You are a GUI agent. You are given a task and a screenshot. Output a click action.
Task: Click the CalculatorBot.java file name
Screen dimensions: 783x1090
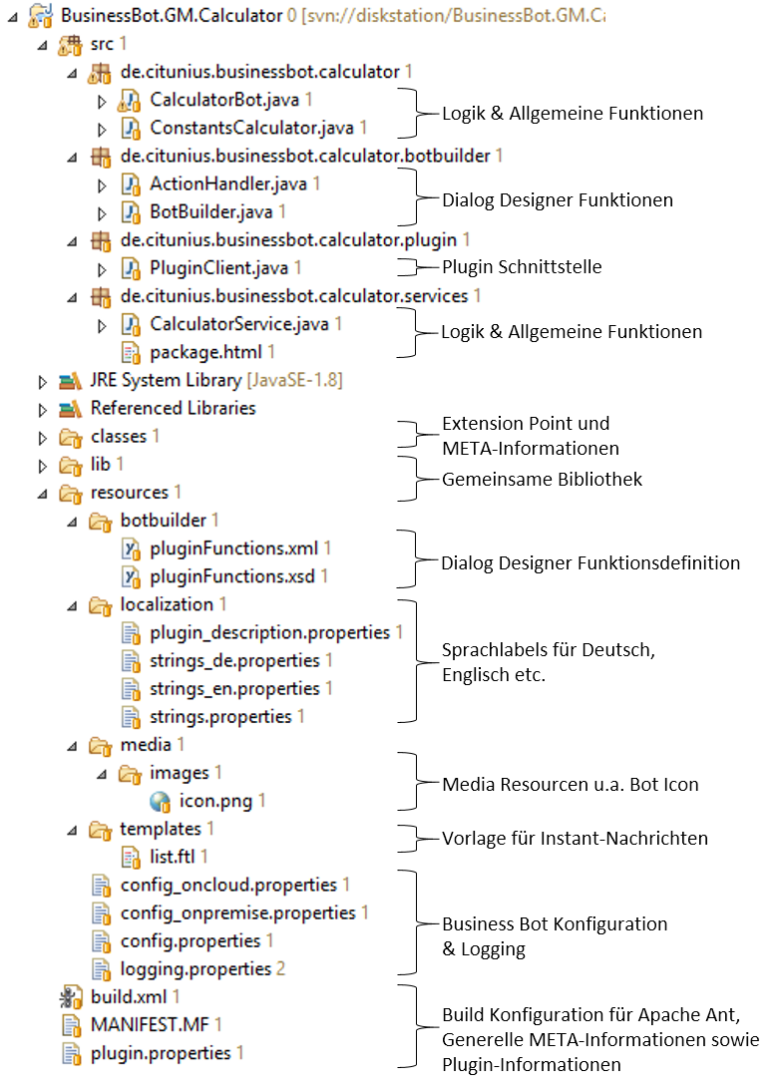pos(223,100)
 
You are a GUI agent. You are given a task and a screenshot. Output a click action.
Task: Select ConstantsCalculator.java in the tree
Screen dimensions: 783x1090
pos(251,128)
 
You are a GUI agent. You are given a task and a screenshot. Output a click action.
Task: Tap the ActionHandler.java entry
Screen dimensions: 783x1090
pos(228,183)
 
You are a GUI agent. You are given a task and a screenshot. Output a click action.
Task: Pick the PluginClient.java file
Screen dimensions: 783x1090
pos(218,267)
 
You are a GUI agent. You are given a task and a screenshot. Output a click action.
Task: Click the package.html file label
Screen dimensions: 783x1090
pos(205,352)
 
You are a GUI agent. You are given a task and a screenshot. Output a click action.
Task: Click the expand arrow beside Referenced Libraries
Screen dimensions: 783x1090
pos(43,410)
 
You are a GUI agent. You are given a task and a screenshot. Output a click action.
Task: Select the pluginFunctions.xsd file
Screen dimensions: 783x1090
pos(232,576)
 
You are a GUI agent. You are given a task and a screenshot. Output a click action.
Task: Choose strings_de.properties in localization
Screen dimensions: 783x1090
pos(234,660)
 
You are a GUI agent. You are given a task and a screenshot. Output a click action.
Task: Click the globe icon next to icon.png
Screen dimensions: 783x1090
pos(160,802)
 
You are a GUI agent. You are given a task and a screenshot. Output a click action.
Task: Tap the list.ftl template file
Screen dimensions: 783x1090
pos(172,857)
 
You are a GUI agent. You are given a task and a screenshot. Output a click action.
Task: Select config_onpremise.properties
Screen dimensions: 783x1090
pos(237,912)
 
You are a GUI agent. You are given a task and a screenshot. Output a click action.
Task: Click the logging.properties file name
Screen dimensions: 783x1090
pos(196,969)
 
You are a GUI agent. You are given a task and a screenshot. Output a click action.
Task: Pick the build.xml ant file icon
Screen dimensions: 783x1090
pos(71,997)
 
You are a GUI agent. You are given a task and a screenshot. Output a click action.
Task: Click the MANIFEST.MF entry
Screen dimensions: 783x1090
pos(150,1024)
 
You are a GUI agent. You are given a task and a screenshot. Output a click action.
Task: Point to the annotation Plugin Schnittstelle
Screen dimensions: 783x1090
pos(522,267)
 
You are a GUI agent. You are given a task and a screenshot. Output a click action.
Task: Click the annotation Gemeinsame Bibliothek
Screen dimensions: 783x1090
pos(542,479)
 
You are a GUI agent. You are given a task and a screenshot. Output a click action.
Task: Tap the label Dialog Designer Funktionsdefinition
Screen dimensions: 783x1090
pos(590,563)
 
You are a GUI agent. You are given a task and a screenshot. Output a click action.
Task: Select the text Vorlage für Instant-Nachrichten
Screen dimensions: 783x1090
pos(575,839)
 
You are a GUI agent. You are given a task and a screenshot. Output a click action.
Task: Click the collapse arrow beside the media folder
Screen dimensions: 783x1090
pos(73,747)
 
